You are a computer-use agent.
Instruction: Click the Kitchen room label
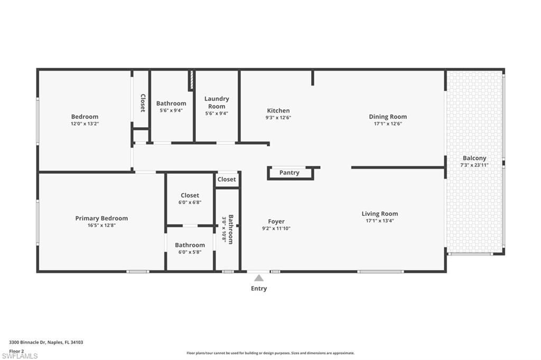pyautogui.click(x=278, y=110)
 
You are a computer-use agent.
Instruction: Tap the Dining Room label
pyautogui.click(x=387, y=117)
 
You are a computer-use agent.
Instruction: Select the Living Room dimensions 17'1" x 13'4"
pyautogui.click(x=379, y=221)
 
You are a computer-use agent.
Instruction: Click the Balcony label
pyautogui.click(x=474, y=158)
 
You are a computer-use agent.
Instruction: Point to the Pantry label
pyautogui.click(x=289, y=173)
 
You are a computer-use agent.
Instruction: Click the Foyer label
pyautogui.click(x=276, y=222)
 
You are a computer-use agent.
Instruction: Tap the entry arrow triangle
pyautogui.click(x=258, y=278)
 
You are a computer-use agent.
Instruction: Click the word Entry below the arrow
pyautogui.click(x=258, y=288)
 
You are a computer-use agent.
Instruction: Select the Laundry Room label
pyautogui.click(x=217, y=102)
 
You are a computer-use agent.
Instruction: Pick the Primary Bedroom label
pyautogui.click(x=101, y=218)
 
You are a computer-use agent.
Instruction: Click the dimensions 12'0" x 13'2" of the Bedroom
pyautogui.click(x=85, y=124)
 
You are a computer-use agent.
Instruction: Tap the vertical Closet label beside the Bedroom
pyautogui.click(x=143, y=103)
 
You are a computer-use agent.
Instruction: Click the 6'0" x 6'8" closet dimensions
pyautogui.click(x=190, y=202)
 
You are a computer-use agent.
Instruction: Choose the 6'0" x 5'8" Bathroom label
pyautogui.click(x=190, y=245)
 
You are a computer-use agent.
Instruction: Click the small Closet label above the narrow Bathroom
pyautogui.click(x=227, y=179)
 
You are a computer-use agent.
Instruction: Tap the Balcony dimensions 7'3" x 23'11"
pyautogui.click(x=474, y=165)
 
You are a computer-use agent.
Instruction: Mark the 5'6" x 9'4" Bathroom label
pyautogui.click(x=171, y=103)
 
